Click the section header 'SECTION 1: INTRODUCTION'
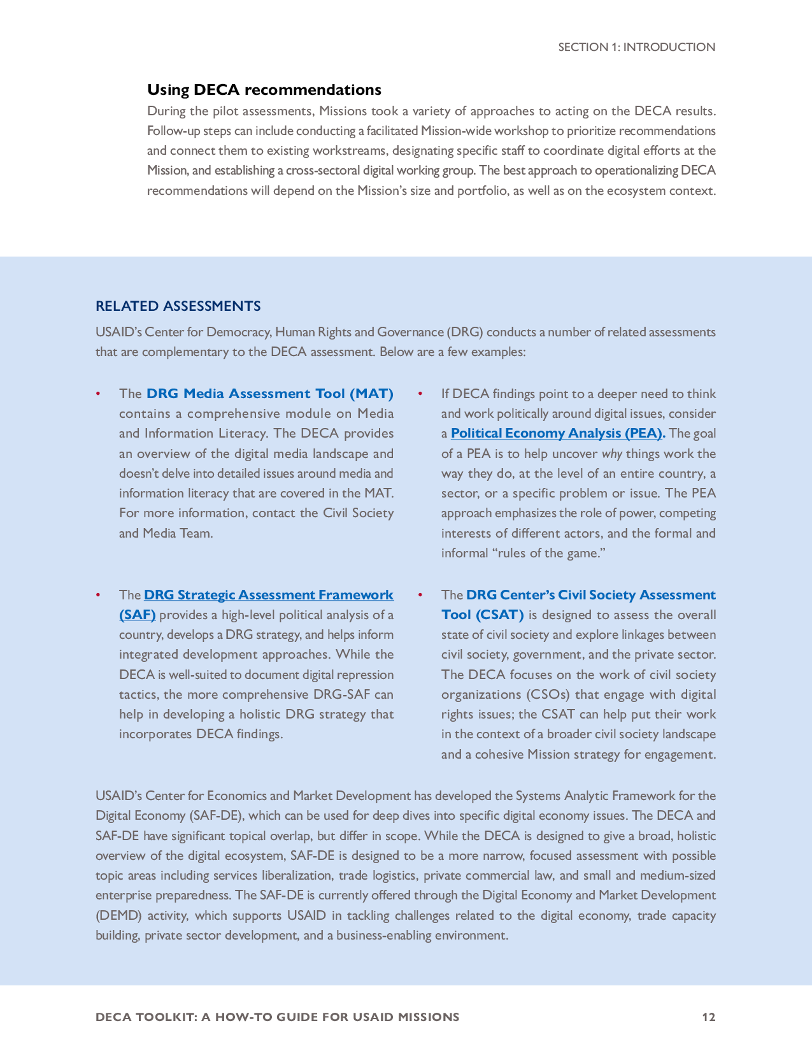point(636,47)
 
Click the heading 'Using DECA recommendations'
point(264,90)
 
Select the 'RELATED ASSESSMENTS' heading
point(178,306)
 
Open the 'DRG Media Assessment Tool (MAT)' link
point(270,394)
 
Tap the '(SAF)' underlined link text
point(137,615)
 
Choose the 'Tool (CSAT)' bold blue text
point(483,615)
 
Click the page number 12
point(709,1017)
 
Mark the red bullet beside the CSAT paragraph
point(420,595)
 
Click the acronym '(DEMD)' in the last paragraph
point(120,916)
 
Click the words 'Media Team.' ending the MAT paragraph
point(178,534)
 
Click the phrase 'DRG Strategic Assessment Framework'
point(269,595)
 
